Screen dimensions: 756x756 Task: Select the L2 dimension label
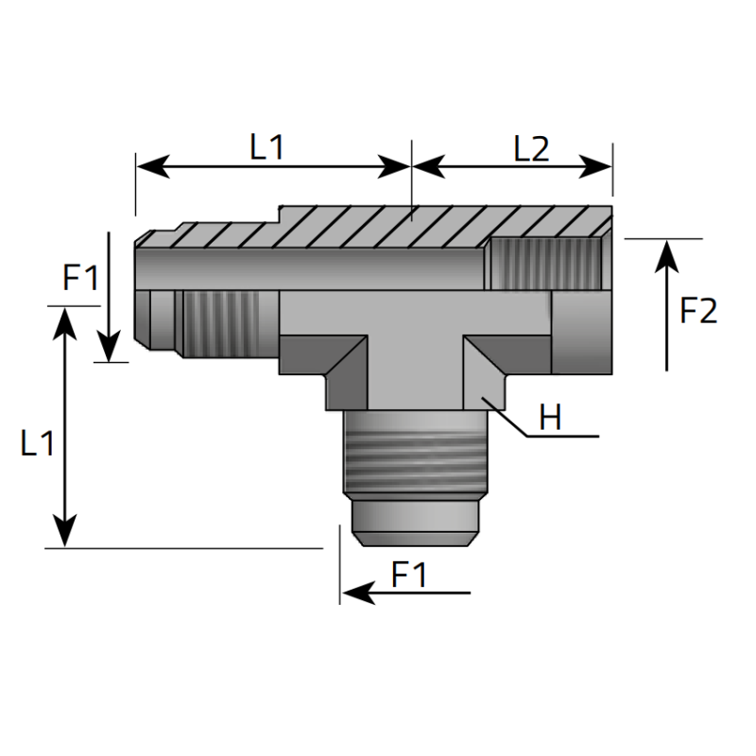[531, 147]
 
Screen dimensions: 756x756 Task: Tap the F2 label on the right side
[698, 310]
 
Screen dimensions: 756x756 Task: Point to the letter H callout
[550, 417]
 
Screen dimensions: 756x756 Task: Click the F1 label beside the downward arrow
[80, 279]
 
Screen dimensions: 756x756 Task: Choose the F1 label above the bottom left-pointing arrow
[409, 574]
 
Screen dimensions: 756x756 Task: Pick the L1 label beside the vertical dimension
[38, 444]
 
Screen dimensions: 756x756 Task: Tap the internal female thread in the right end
[545, 264]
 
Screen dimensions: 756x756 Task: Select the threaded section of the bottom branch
[412, 454]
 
